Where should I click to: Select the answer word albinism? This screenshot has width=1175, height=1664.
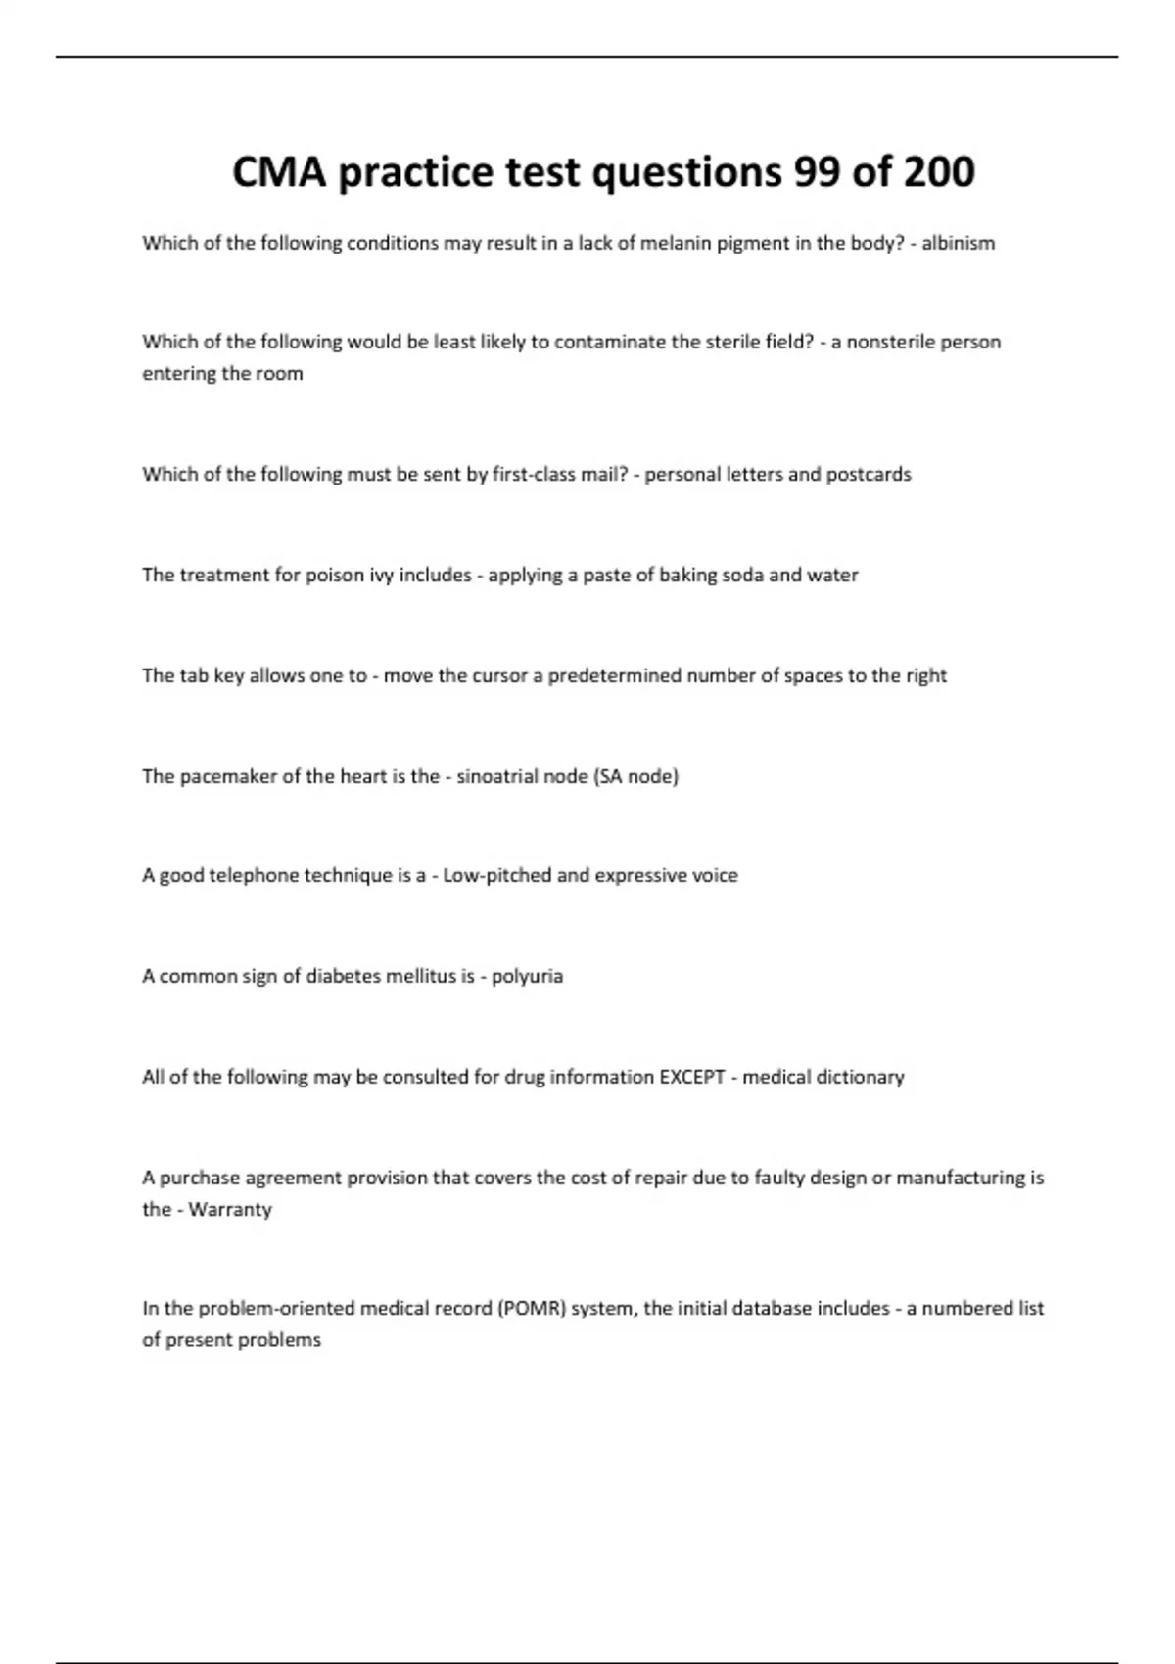[x=958, y=243]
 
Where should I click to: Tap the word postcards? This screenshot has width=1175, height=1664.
[x=869, y=474]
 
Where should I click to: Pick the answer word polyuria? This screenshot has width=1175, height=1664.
[x=527, y=976]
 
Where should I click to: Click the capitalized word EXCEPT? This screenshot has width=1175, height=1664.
[x=692, y=1077]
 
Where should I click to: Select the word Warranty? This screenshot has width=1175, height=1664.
[x=230, y=1209]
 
